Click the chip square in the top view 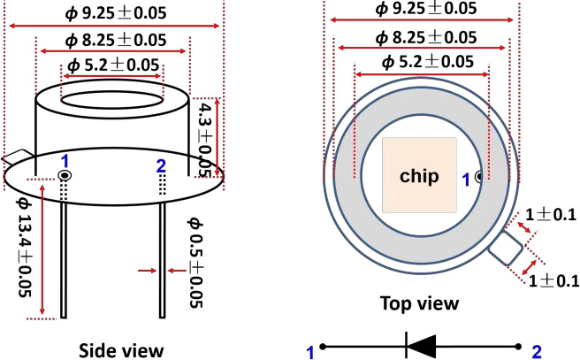point(419,174)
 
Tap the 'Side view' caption point(121,349)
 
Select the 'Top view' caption point(419,303)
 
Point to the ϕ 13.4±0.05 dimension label point(25,249)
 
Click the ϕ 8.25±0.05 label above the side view point(112,41)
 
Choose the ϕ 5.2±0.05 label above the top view point(424,61)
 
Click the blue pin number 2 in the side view point(160,165)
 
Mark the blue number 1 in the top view point(467,179)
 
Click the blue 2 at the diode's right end point(536,353)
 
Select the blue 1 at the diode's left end point(310,353)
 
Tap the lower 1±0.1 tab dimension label point(554,281)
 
